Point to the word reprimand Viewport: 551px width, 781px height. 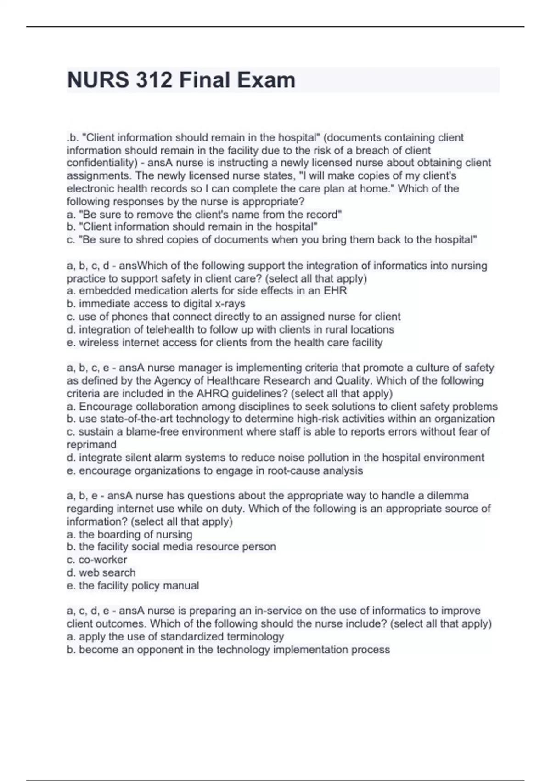click(x=91, y=445)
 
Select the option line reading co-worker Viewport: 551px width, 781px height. click(x=97, y=560)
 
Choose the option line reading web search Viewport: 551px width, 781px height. click(x=101, y=573)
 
